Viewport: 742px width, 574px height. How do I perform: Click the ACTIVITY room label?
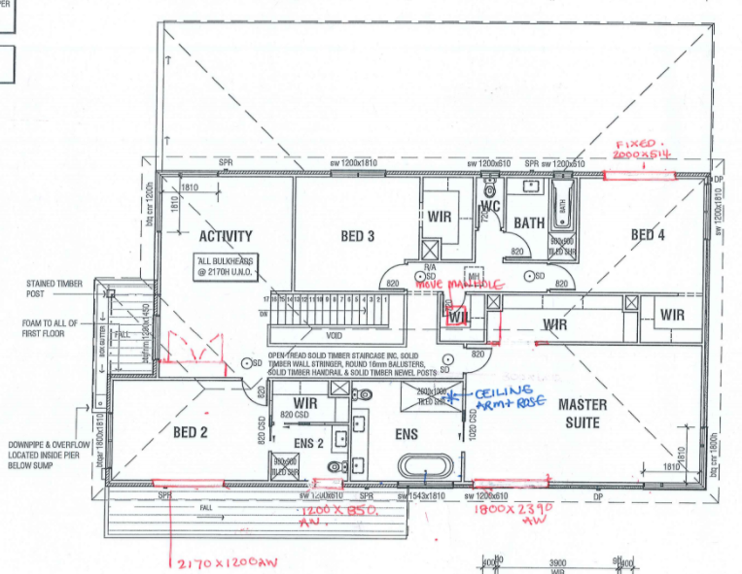tap(225, 236)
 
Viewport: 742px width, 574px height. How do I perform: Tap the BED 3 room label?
tap(357, 236)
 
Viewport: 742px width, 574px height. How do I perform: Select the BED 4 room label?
tap(648, 234)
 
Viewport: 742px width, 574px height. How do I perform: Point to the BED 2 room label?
tap(192, 432)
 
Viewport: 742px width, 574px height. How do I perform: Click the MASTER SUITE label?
tap(583, 413)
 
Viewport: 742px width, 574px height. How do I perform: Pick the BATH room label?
tap(529, 222)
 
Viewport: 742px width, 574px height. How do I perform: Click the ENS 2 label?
tap(308, 443)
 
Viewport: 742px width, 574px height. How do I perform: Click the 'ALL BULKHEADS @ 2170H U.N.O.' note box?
tap(228, 267)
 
